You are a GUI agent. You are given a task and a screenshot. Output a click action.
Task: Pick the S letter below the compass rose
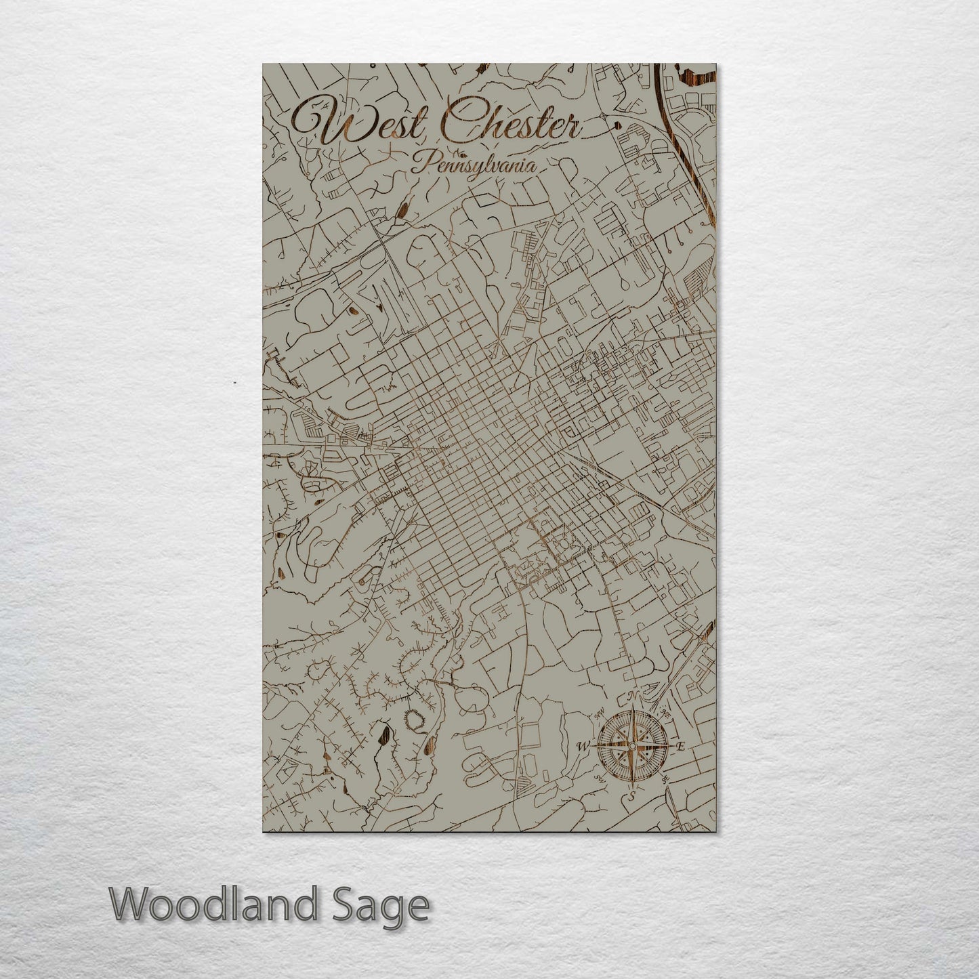tap(632, 796)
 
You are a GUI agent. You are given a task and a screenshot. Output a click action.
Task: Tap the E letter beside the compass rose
tap(682, 746)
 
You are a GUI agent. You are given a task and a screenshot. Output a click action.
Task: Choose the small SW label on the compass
tap(599, 778)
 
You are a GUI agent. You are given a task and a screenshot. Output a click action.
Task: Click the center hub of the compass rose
tap(631, 746)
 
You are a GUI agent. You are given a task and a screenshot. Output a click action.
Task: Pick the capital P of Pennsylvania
tap(421, 163)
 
